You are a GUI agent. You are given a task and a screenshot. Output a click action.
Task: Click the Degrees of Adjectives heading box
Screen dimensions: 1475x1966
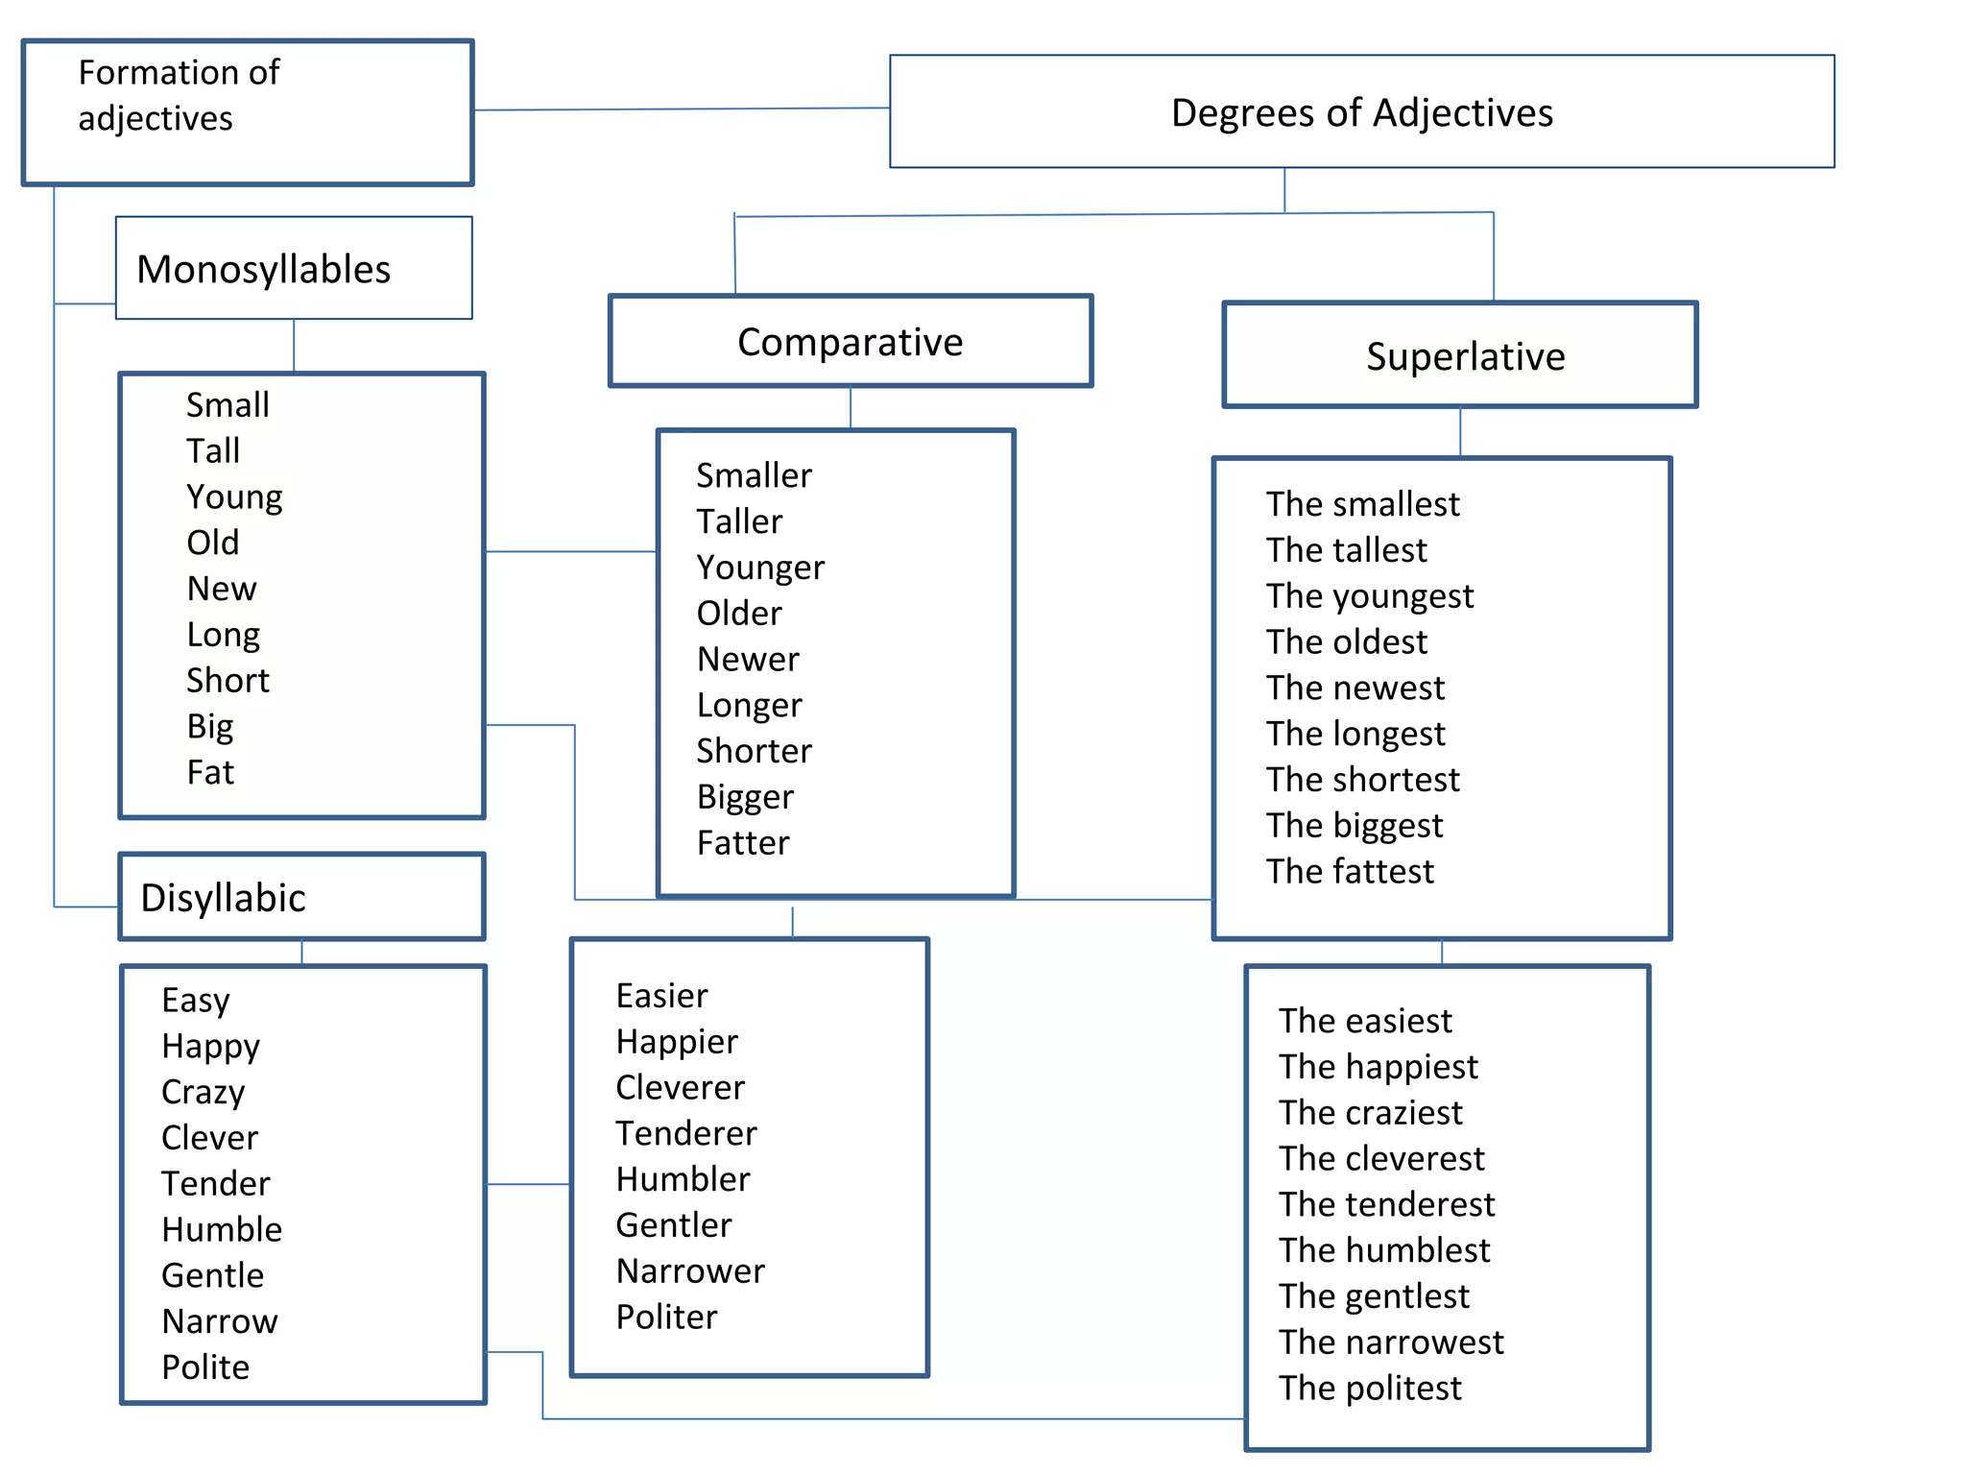pos(1361,112)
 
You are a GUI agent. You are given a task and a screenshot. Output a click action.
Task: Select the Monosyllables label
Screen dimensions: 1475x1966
pos(264,269)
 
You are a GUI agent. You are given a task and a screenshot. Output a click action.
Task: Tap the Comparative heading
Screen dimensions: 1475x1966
pos(850,342)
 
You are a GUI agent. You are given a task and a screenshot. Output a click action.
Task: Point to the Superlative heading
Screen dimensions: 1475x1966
pos(1465,356)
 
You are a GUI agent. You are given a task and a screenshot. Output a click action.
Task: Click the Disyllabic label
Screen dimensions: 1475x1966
pos(223,898)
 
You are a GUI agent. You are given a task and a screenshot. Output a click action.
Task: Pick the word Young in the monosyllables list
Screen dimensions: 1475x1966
pos(234,496)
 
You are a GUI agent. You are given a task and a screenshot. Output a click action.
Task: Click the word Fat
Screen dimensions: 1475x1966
pos(210,772)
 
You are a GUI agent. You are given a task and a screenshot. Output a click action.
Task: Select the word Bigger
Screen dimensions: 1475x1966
pos(745,797)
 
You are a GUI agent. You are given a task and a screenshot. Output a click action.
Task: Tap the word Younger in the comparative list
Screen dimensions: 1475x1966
pos(760,568)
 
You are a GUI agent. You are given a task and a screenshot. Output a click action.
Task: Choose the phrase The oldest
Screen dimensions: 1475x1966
pos(1346,641)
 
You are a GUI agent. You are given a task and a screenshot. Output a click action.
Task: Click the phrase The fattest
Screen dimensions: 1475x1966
pos(1349,871)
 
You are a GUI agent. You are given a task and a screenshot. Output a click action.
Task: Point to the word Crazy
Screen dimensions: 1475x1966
pos(204,1092)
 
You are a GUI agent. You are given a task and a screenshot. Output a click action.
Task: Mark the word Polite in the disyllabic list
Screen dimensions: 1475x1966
pos(205,1366)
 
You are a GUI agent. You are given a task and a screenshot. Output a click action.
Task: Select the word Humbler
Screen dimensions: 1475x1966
pos(683,1179)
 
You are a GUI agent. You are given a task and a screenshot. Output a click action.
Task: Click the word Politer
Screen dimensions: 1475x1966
pos(666,1317)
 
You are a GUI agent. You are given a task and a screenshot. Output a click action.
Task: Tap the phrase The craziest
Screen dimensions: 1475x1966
pos(1370,1112)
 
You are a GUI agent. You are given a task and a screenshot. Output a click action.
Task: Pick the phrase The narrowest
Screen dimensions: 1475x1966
pos(1391,1342)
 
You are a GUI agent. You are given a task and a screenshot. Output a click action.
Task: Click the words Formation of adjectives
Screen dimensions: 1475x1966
pos(179,95)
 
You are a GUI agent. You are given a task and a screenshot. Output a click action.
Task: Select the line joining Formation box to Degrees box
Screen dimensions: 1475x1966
pos(682,109)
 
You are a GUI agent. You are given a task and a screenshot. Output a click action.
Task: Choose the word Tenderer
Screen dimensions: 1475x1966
pos(686,1133)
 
